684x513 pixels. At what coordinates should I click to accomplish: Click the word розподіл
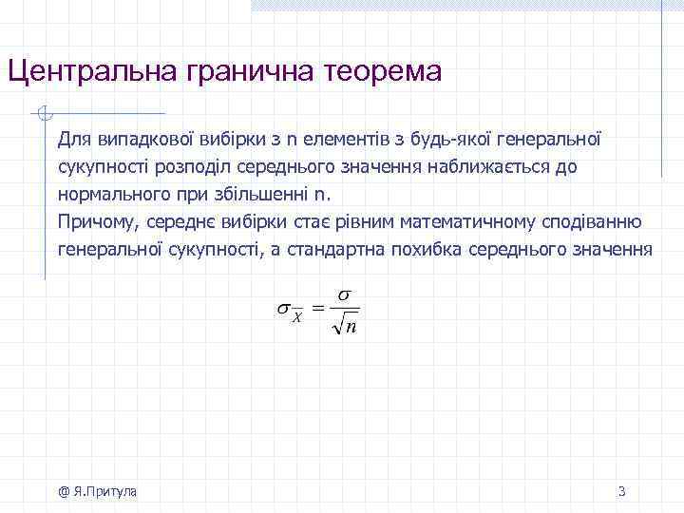171,167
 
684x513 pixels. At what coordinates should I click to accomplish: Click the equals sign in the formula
318,308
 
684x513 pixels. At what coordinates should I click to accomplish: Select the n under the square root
351,328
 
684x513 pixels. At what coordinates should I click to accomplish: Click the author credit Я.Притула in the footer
102,491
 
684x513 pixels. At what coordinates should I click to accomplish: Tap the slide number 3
621,491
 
